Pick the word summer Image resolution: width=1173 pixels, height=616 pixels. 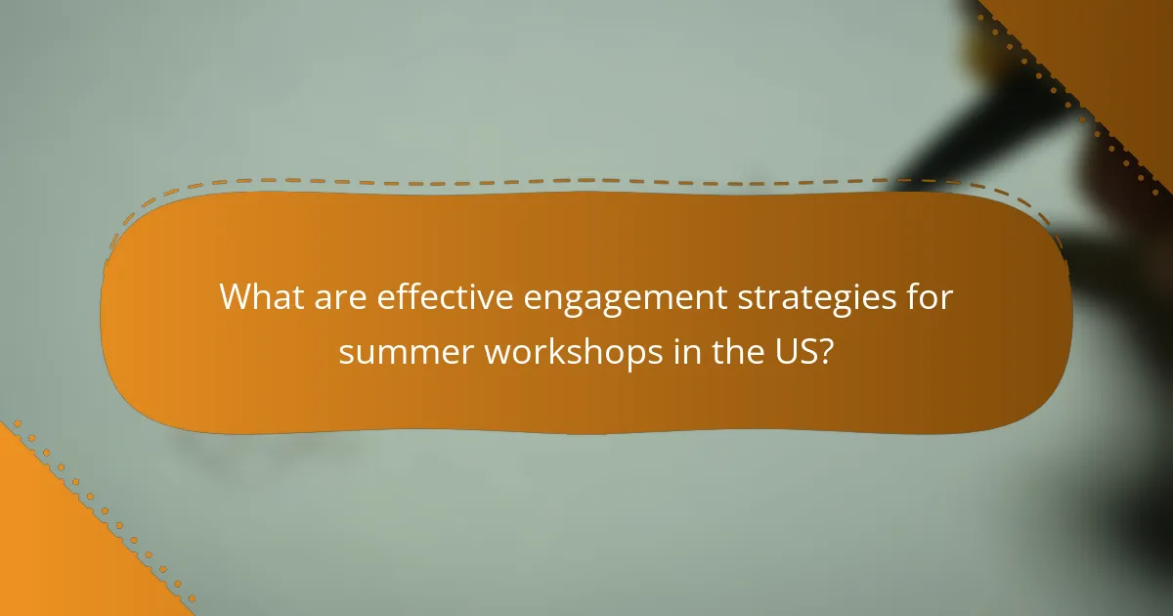pos(404,352)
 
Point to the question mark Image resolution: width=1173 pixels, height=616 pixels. pos(826,352)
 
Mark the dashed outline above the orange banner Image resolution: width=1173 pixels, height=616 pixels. pos(586,180)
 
